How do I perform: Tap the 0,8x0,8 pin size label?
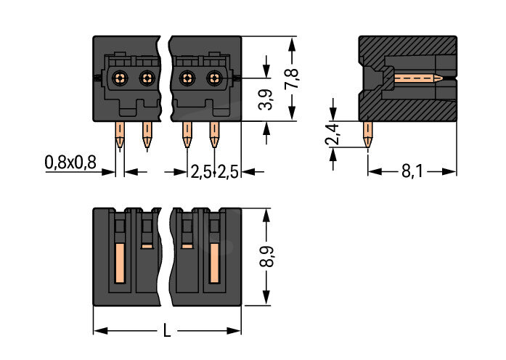70,163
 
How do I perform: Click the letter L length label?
167,332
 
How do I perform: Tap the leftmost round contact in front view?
121,77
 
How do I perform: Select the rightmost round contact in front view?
213,77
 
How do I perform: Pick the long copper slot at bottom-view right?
214,263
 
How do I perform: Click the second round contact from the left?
147,77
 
